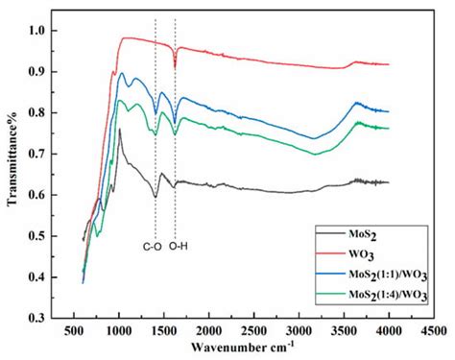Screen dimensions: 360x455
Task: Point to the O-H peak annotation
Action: point(178,247)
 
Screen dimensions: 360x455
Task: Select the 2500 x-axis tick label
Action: point(253,330)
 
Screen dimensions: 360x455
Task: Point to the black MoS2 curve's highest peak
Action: point(119,130)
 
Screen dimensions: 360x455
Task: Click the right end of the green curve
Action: point(387,128)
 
